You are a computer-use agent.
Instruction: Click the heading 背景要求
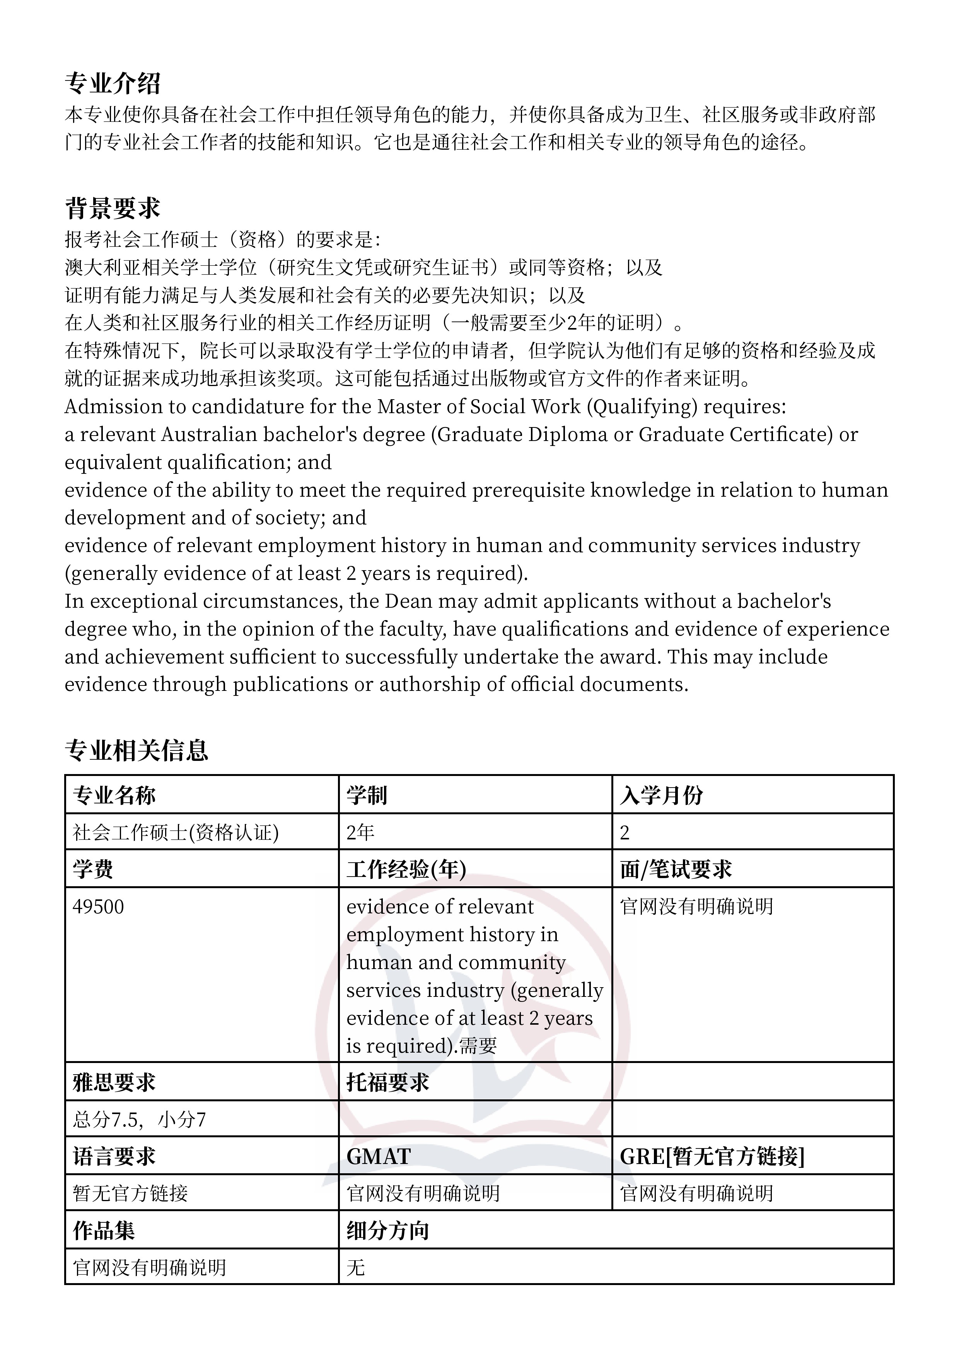pos(112,208)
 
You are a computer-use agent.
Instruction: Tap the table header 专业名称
pos(114,796)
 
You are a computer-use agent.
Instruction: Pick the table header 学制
pos(366,796)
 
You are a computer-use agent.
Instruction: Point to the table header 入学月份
pos(661,796)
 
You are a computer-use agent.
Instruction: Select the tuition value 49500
pos(98,907)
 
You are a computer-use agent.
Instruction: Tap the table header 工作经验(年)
pos(406,870)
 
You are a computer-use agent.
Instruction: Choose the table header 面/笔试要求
pos(676,870)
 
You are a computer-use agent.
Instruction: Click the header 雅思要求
pos(114,1082)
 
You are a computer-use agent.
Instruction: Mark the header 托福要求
pos(387,1082)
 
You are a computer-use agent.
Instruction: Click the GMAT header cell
pos(378,1156)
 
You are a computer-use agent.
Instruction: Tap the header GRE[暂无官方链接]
pos(712,1156)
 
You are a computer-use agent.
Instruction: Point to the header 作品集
pos(104,1231)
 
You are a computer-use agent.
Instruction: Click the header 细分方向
pos(387,1231)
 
